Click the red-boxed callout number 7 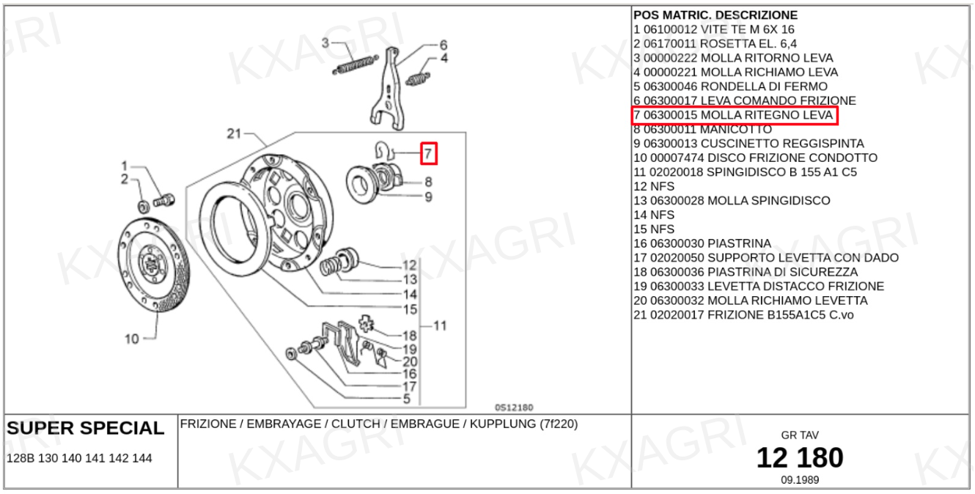click(429, 154)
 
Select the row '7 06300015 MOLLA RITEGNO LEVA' click(734, 116)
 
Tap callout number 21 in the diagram click(234, 133)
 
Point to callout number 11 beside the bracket click(440, 326)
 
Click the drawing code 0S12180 click(513, 408)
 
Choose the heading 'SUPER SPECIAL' click(86, 428)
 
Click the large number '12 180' click(800, 458)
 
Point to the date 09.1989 click(800, 480)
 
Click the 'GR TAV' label click(800, 435)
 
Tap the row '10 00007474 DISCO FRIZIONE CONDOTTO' click(755, 158)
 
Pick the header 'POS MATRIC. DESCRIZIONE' click(715, 15)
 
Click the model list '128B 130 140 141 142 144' click(79, 458)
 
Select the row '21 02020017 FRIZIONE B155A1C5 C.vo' click(743, 315)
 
